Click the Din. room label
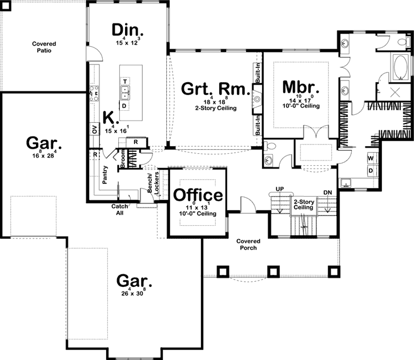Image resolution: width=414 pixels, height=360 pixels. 127,30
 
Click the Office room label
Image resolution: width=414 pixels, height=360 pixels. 198,195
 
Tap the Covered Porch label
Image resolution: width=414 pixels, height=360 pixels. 248,245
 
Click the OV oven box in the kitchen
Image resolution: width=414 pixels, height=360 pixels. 94,130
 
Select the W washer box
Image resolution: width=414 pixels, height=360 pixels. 371,158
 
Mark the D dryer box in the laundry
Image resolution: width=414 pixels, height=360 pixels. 371,170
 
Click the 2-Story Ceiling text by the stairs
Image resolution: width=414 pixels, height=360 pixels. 303,205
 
